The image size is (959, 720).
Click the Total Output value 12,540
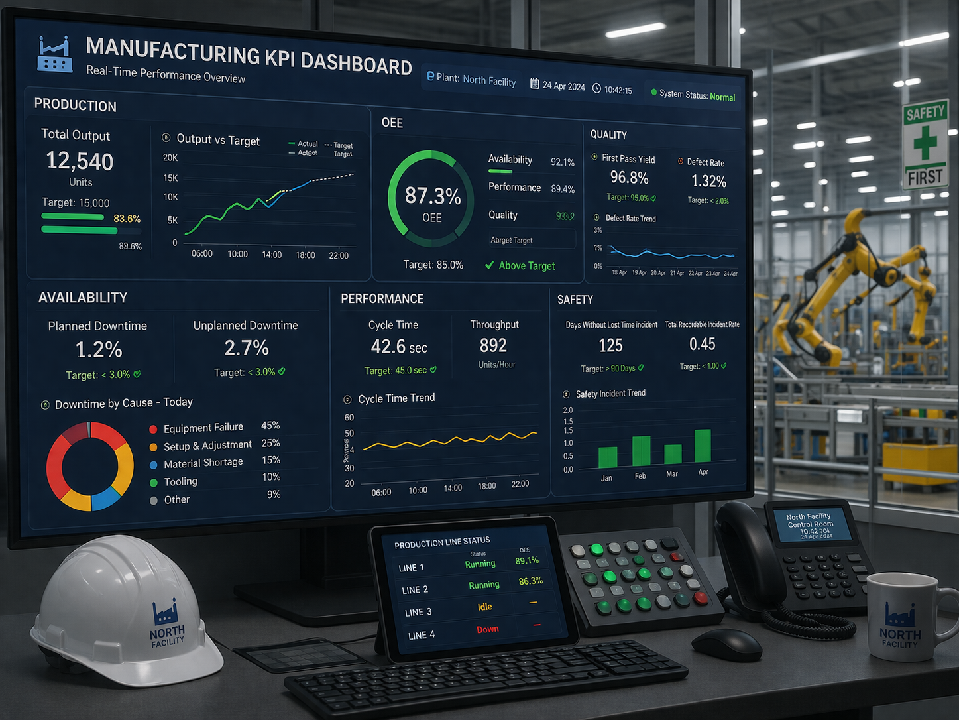point(80,161)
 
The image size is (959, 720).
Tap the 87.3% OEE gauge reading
point(433,196)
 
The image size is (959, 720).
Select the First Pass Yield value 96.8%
point(629,178)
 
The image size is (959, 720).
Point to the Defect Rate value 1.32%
point(708,181)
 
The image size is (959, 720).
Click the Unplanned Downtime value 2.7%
point(247,347)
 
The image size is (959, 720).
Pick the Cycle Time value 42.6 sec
point(398,347)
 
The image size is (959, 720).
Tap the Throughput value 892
point(493,345)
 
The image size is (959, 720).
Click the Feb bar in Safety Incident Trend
point(641,451)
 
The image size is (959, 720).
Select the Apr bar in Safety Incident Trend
point(703,446)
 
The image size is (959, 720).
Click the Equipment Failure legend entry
point(203,428)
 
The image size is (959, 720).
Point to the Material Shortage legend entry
point(203,463)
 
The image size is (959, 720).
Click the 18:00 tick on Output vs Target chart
point(306,255)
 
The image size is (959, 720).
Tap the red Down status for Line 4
point(487,629)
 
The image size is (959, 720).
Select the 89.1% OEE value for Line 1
point(527,560)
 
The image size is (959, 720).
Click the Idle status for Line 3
point(484,607)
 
